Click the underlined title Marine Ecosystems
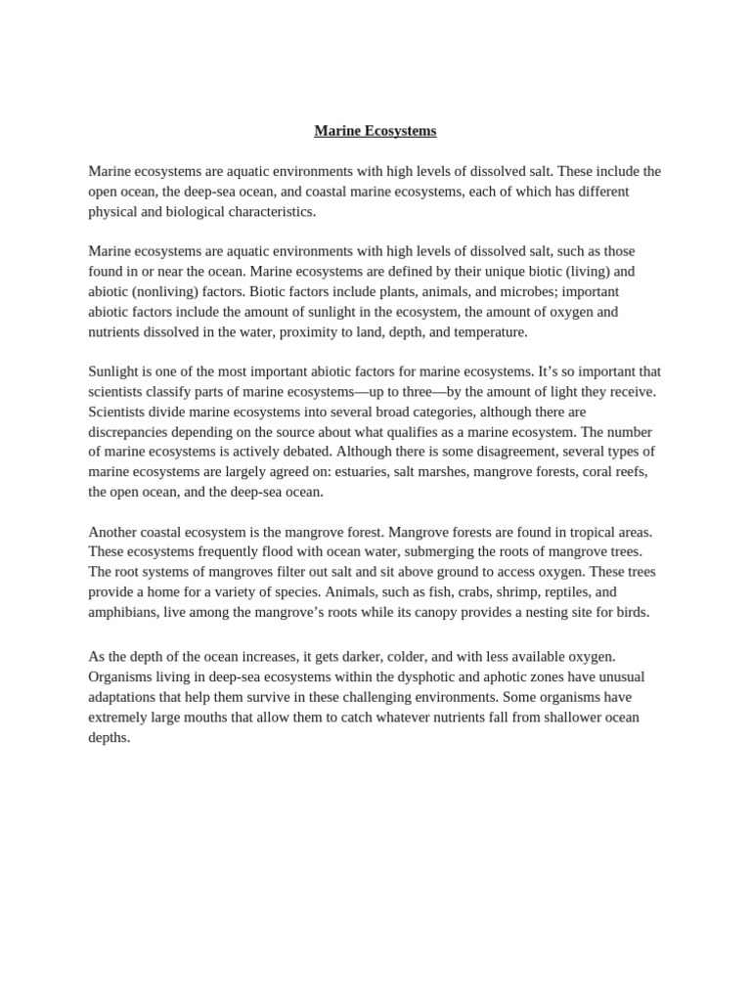375,130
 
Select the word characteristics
269,211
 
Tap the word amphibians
126,613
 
